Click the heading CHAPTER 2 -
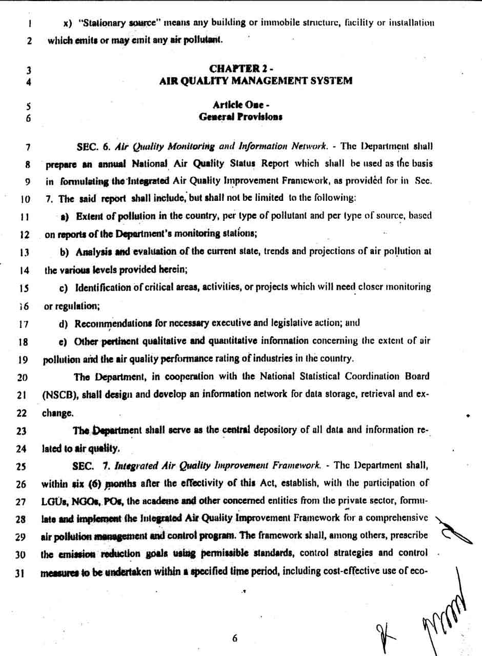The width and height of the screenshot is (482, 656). (240, 69)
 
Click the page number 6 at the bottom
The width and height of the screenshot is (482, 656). (235, 638)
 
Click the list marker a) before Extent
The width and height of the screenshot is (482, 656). (65, 215)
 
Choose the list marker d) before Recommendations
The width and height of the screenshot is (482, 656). (65, 323)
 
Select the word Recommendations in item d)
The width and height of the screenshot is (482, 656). (106, 323)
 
